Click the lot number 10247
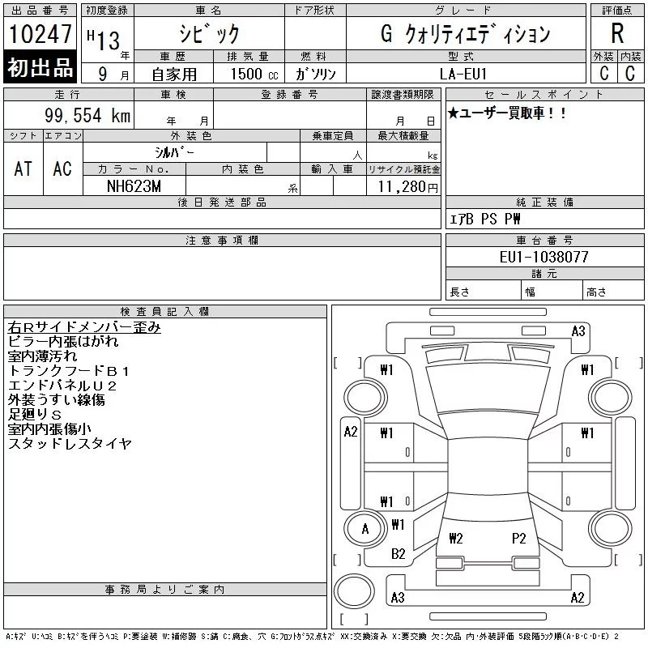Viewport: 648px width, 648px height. click(x=40, y=34)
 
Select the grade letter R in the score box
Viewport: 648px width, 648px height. click(x=617, y=33)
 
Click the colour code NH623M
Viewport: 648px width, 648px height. click(x=134, y=185)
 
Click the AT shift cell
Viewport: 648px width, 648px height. click(x=23, y=168)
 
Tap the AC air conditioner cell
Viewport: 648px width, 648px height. click(x=62, y=168)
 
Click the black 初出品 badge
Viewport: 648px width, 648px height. click(x=40, y=67)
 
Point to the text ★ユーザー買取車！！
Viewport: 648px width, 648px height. click(x=507, y=114)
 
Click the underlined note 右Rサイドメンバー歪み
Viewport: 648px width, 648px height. click(x=84, y=327)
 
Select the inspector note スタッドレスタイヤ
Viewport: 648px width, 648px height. click(x=70, y=444)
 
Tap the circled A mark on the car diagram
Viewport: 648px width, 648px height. click(x=364, y=530)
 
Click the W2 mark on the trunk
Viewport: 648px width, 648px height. click(x=455, y=538)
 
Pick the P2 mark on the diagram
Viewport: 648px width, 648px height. click(x=519, y=538)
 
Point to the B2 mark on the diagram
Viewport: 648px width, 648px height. click(x=398, y=554)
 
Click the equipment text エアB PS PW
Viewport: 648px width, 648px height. click(x=485, y=219)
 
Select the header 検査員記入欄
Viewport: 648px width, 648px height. click(x=165, y=311)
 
